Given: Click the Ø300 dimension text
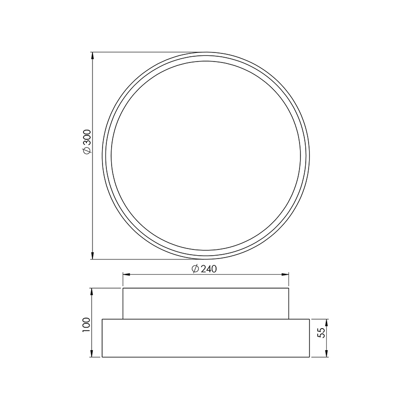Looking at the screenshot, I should click(86, 142).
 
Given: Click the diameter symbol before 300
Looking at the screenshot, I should click(86, 151).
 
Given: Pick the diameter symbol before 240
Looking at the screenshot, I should click(195, 269).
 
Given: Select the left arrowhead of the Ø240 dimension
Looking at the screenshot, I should click(127, 274).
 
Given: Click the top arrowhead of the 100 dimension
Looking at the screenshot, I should click(92, 292).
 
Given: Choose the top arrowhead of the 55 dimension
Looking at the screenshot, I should click(327, 322).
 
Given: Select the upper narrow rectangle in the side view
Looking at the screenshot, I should click(206, 303).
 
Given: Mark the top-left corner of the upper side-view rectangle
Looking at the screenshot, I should click(123, 288).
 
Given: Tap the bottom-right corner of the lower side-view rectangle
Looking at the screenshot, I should click(310, 357).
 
